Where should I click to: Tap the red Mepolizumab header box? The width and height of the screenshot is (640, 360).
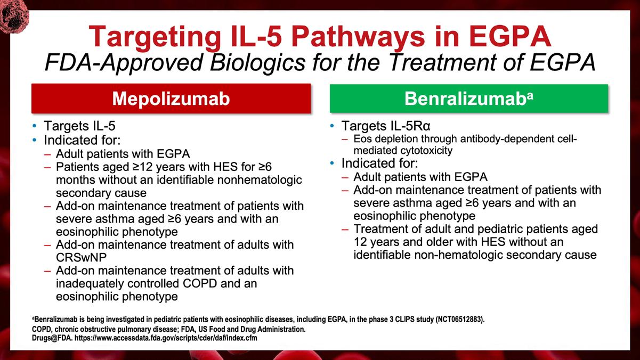(x=171, y=99)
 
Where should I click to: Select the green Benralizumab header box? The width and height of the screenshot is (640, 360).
(x=469, y=99)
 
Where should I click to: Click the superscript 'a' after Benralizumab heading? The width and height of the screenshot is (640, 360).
(x=530, y=96)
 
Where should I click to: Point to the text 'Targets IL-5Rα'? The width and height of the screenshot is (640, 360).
(x=386, y=126)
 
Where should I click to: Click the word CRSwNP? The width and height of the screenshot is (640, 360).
(x=81, y=258)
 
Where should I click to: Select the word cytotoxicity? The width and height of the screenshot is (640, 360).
(x=426, y=151)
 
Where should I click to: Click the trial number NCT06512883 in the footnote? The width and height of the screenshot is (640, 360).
(x=459, y=320)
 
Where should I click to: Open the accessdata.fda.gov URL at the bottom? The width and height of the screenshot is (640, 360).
(x=166, y=338)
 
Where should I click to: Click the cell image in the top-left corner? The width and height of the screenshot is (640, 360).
(x=14, y=15)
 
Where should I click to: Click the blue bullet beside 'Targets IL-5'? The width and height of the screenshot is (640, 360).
(x=35, y=126)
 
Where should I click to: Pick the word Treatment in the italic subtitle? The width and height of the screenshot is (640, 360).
(x=442, y=62)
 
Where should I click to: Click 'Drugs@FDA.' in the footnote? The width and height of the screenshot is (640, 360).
(x=52, y=338)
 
